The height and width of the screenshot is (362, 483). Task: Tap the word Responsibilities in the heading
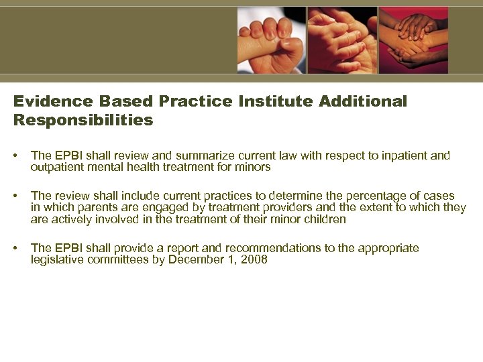tap(83, 120)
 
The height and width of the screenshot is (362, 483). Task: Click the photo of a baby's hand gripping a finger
tap(271, 40)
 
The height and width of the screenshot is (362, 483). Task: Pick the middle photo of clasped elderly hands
tap(342, 40)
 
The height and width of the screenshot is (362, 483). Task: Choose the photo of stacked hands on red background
tap(413, 40)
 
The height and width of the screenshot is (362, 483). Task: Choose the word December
tap(202, 260)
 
